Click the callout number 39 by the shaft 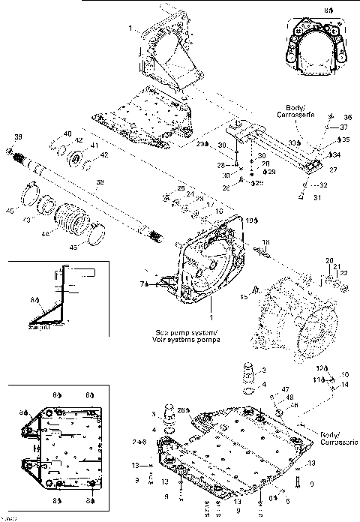pyautogui.click(x=17, y=136)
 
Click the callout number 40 pyautogui.click(x=67, y=134)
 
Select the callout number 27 pyautogui.click(x=334, y=169)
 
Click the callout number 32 pyautogui.click(x=323, y=184)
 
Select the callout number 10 pyautogui.click(x=345, y=374)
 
